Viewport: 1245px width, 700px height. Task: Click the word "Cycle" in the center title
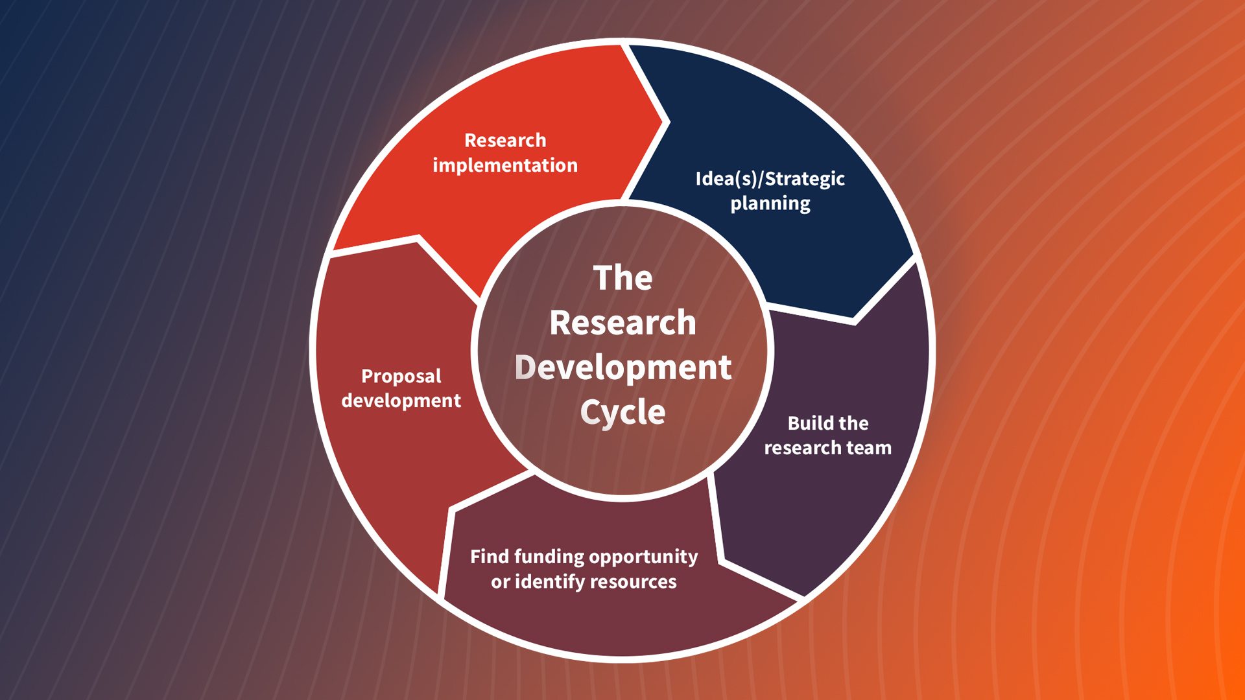pos(622,412)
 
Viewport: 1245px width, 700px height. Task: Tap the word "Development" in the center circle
pos(622,367)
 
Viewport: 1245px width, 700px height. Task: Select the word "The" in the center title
pos(622,278)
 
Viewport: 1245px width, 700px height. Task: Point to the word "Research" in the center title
pos(622,323)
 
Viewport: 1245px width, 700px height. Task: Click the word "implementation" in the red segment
pos(505,165)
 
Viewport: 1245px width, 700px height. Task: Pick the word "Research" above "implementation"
pos(505,140)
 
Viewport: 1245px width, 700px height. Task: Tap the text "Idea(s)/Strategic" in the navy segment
pos(770,178)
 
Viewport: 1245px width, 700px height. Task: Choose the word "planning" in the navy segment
pos(770,204)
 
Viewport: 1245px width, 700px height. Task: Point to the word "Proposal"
pos(401,376)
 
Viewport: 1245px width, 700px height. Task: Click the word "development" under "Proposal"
pos(401,401)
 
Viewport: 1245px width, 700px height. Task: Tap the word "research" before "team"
pos(802,448)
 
